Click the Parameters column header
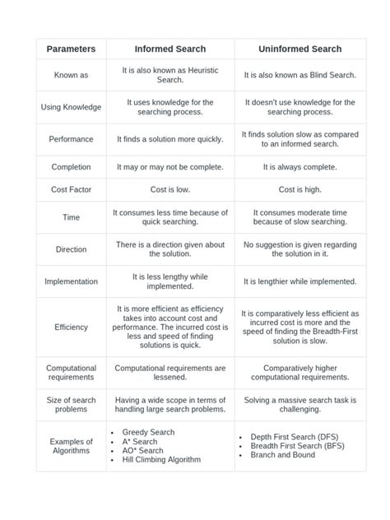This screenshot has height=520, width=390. pyautogui.click(x=71, y=49)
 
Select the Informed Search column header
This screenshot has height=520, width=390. pyautogui.click(x=170, y=49)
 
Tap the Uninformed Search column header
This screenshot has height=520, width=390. pyautogui.click(x=299, y=49)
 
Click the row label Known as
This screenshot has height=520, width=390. pyautogui.click(x=71, y=75)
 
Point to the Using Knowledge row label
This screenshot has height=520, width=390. pyautogui.click(x=71, y=107)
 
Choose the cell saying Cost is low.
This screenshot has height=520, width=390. pyautogui.click(x=170, y=189)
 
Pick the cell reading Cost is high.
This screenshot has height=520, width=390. pyautogui.click(x=299, y=189)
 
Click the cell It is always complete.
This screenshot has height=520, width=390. pyautogui.click(x=299, y=167)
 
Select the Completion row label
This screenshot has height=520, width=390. pyautogui.click(x=71, y=167)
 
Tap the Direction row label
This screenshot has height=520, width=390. pyautogui.click(x=71, y=249)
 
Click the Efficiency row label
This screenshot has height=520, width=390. pyautogui.click(x=71, y=327)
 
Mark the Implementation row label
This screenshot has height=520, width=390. pyautogui.click(x=71, y=281)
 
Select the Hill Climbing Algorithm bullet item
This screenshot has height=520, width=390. pyautogui.click(x=161, y=460)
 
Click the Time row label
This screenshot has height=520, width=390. pyautogui.click(x=71, y=217)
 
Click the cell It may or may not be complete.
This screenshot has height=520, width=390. pyautogui.click(x=170, y=167)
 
